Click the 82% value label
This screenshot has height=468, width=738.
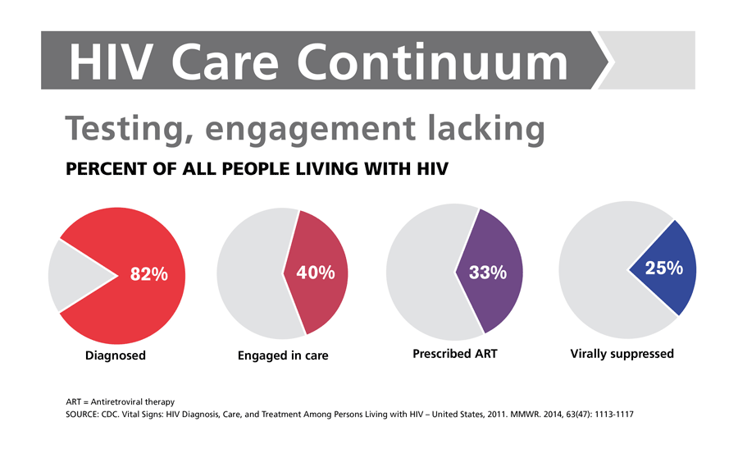pos(148,274)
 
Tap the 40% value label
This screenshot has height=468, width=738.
pos(316,273)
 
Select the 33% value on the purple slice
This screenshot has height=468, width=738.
pos(488,272)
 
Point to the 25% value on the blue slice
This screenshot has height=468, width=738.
pos(663,268)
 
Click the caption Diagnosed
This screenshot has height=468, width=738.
pos(116,356)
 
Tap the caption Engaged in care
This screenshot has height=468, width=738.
pos(283,356)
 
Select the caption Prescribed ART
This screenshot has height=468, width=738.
pos(454,354)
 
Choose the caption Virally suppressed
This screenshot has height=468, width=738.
pos(622,354)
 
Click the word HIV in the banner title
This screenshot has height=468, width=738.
pos(110,62)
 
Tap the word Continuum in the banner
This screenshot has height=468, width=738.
pos(432,62)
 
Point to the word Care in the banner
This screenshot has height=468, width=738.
pos(225,62)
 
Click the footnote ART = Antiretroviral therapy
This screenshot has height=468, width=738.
pos(120,401)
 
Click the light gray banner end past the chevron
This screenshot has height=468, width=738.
pos(652,60)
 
